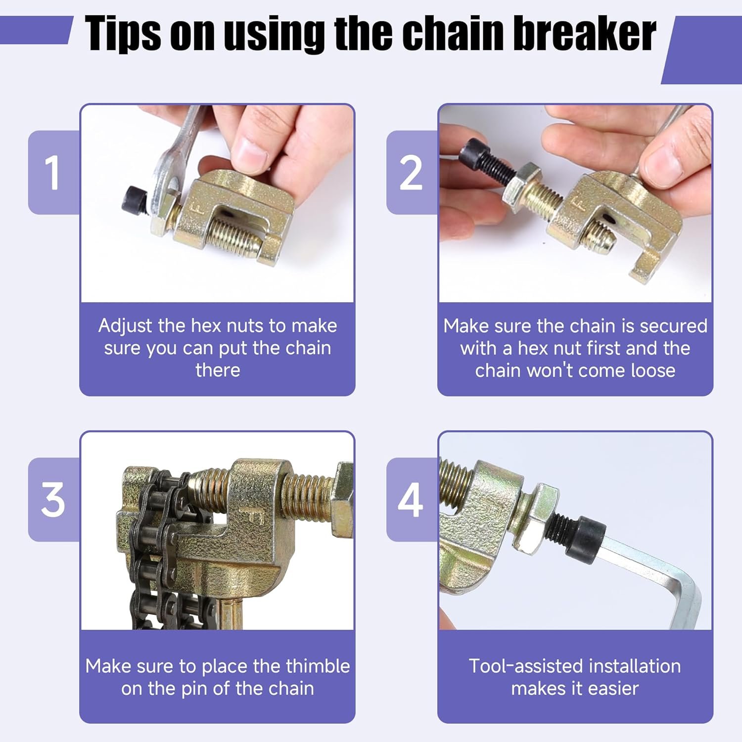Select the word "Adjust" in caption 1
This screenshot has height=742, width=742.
click(x=126, y=326)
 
